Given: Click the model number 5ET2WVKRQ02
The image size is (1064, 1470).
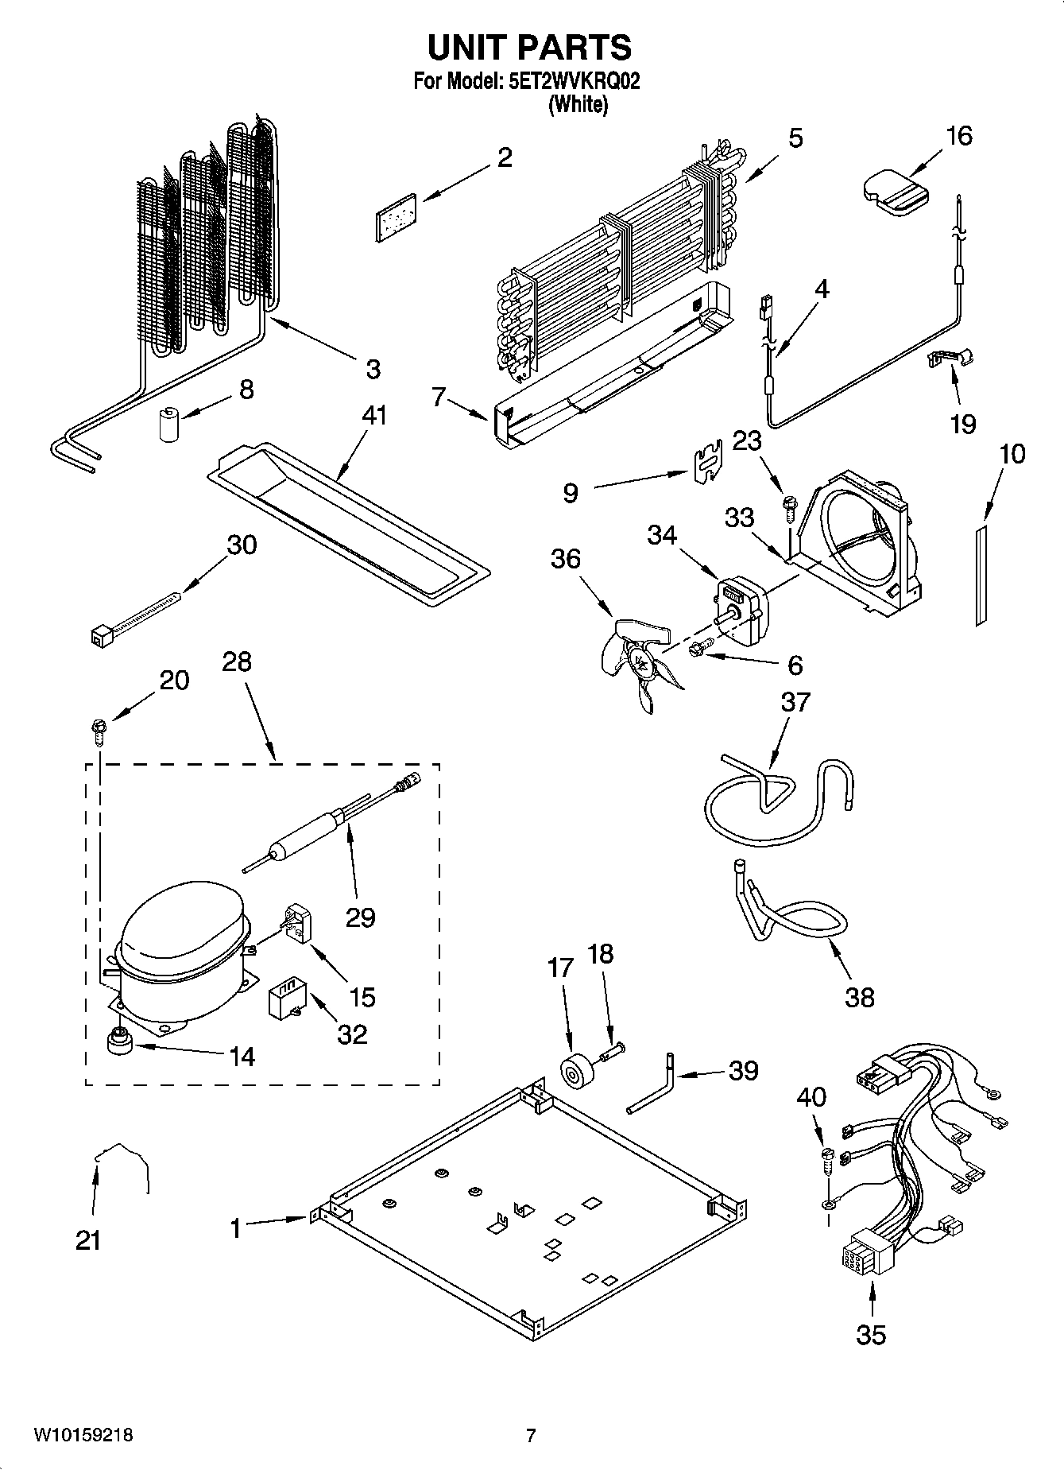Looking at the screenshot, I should pyautogui.click(x=572, y=81).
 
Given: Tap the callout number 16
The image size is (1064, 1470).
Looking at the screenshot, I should pyautogui.click(x=959, y=136).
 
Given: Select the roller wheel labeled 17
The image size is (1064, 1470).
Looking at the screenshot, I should pyautogui.click(x=572, y=1072).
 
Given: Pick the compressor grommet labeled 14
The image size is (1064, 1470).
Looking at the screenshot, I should pyautogui.click(x=121, y=1041).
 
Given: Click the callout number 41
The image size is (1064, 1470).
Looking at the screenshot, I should pyautogui.click(x=373, y=415).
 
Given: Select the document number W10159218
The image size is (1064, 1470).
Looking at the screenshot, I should pyautogui.click(x=83, y=1436).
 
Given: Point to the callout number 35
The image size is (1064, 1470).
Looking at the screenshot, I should pyautogui.click(x=871, y=1334).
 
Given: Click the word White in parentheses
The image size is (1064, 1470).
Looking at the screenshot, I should pyautogui.click(x=578, y=104).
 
